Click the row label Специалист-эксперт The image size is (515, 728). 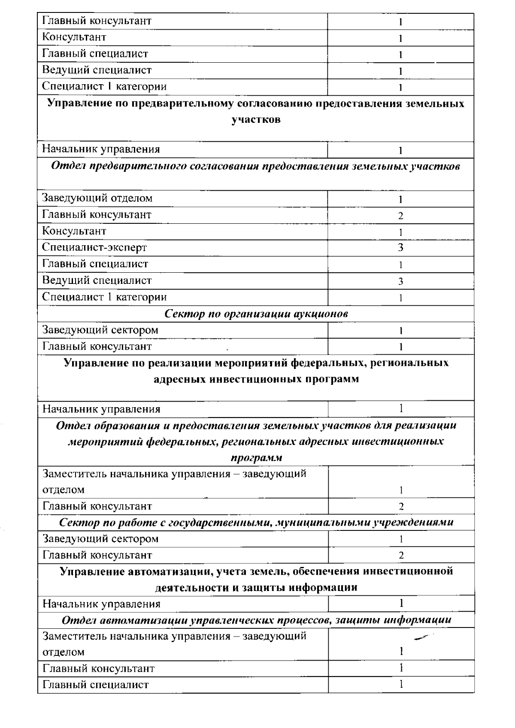(94, 247)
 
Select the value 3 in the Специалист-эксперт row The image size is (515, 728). (400, 248)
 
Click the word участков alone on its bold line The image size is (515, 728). (256, 120)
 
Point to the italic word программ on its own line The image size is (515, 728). (256, 458)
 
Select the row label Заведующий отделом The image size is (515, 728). (97, 198)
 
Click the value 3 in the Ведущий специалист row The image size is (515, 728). (400, 281)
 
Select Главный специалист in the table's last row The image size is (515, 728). (95, 685)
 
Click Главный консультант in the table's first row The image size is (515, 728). (97, 21)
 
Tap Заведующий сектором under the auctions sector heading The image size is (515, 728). (100, 330)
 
